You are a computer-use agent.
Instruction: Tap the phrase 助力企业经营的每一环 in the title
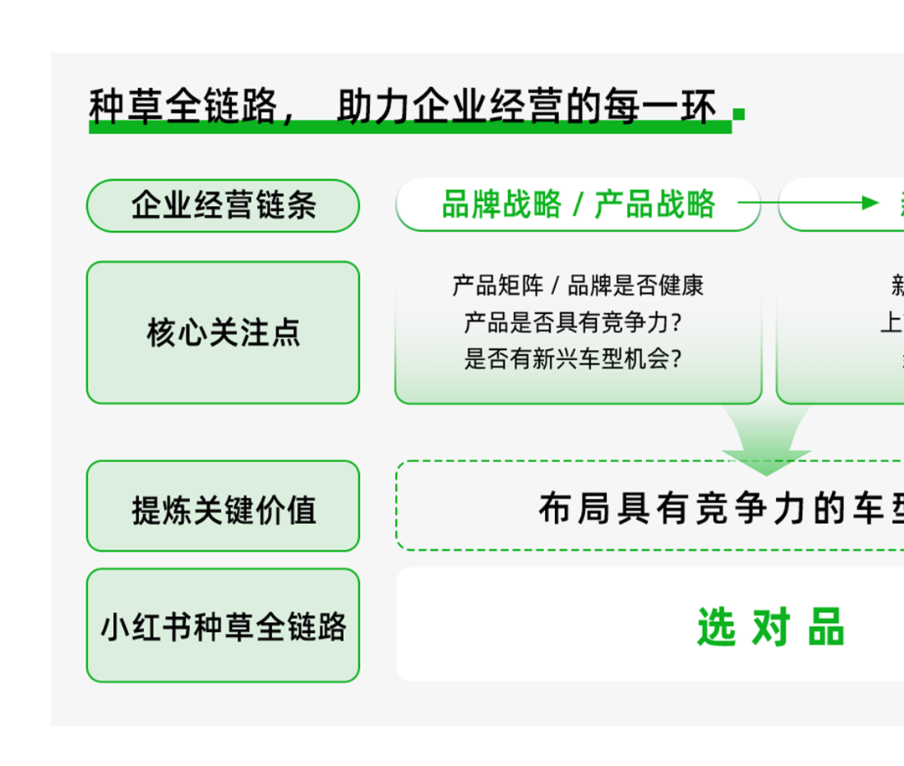click(526, 107)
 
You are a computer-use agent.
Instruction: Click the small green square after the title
click(738, 114)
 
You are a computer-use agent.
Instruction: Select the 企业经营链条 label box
click(223, 205)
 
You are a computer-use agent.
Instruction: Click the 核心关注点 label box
click(223, 332)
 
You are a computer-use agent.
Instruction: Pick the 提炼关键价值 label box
click(223, 506)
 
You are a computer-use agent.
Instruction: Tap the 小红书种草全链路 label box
click(223, 625)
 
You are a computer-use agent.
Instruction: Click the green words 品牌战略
click(501, 204)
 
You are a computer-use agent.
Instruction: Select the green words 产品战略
click(655, 204)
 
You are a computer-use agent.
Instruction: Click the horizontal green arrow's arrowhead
click(871, 203)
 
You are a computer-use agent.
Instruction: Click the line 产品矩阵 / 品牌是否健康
click(578, 285)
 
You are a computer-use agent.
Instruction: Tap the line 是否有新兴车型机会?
click(573, 359)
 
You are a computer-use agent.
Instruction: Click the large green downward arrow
click(766, 440)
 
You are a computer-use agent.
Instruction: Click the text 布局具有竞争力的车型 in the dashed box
click(720, 508)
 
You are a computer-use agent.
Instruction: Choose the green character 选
click(716, 628)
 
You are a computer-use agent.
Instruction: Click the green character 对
click(771, 628)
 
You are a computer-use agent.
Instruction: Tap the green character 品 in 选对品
click(826, 628)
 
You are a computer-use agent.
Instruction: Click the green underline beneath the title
click(410, 127)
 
